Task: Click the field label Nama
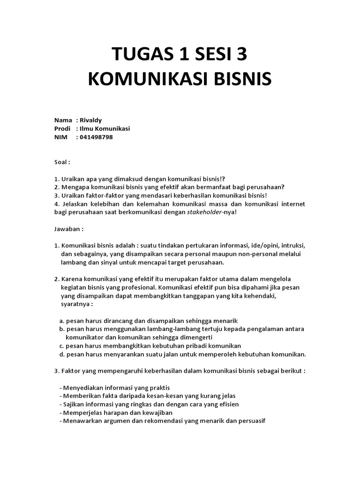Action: (x=63, y=120)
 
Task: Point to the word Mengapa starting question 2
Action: (x=75, y=187)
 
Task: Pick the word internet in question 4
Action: (x=292, y=204)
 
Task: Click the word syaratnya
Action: (x=76, y=304)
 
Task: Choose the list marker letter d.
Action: (x=61, y=354)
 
